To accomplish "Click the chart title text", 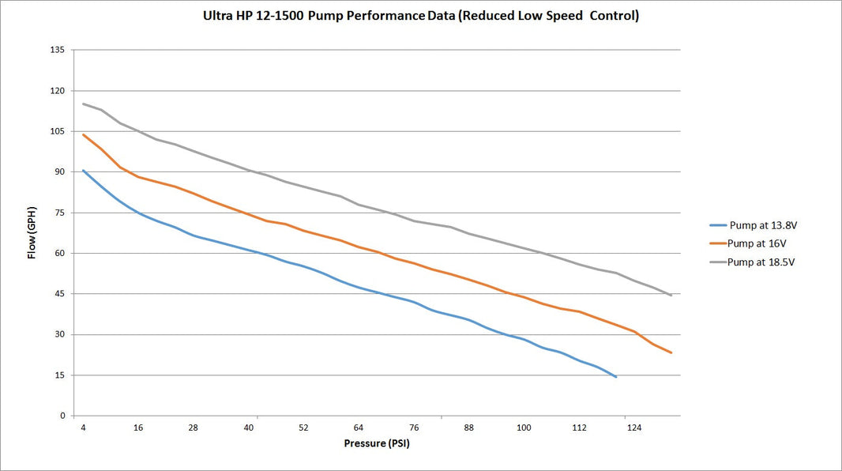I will [x=421, y=16].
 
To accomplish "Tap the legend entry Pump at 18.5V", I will [x=761, y=262].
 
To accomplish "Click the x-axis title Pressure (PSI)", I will [x=377, y=443].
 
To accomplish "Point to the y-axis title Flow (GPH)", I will [x=32, y=233].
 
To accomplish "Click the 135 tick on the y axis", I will [x=58, y=50].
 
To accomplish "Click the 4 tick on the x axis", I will [x=83, y=428].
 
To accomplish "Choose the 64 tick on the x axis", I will [x=359, y=428].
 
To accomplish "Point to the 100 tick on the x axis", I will [x=524, y=428].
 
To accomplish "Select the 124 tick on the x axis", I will [x=633, y=428].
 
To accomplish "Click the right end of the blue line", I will [x=616, y=377].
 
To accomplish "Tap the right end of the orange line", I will [x=671, y=352].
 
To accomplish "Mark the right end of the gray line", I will [x=671, y=296].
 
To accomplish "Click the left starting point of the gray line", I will [x=83, y=104].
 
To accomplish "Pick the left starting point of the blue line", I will [x=83, y=170].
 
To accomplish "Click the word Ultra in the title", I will [x=219, y=16].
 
